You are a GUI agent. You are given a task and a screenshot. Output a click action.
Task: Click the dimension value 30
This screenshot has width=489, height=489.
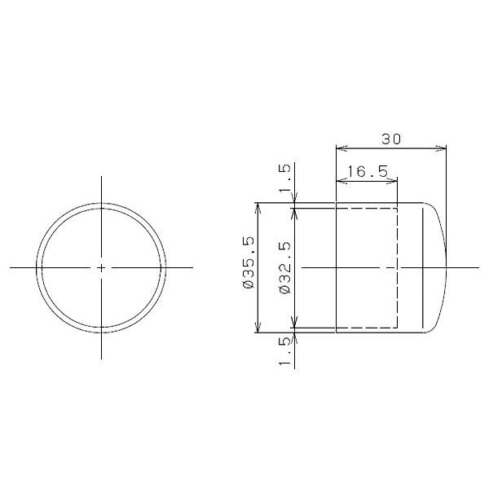click(x=391, y=139)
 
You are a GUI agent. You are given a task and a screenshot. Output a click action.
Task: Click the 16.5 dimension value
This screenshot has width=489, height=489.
click(x=366, y=172)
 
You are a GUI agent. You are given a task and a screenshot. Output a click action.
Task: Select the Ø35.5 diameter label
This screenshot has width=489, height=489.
click(x=249, y=267)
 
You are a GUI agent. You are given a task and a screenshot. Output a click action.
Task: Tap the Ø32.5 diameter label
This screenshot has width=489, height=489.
click(x=284, y=267)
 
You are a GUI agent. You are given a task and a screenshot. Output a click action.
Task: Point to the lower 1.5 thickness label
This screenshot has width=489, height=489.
click(x=284, y=352)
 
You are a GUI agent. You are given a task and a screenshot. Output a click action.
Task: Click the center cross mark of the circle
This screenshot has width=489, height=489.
click(x=101, y=267)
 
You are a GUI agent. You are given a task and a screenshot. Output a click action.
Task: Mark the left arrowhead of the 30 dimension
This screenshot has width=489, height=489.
click(x=341, y=148)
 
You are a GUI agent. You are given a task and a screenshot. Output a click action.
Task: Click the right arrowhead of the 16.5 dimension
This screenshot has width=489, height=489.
click(x=393, y=181)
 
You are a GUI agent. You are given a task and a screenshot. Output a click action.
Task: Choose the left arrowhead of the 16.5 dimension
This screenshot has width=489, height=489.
click(x=341, y=181)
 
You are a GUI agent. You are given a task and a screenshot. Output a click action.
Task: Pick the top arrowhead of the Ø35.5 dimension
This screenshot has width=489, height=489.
click(x=258, y=207)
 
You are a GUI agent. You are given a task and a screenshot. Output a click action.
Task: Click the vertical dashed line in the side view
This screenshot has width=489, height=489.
click(x=398, y=244)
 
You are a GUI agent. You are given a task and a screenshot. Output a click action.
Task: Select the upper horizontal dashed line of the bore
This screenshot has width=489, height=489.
click(x=367, y=208)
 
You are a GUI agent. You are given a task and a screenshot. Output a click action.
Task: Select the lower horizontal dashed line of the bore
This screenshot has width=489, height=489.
click(x=367, y=328)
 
